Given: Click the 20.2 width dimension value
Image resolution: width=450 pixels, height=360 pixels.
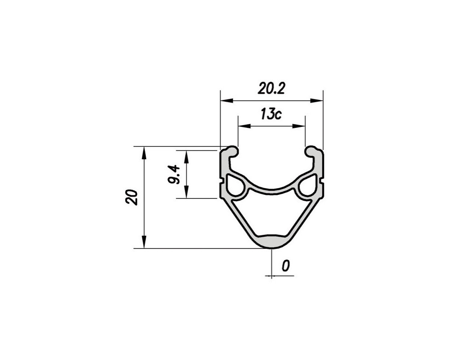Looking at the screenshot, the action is coord(271,89).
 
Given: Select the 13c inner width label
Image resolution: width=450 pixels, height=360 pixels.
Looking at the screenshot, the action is coord(271,114).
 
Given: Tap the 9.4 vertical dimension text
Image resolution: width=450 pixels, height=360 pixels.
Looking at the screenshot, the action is coord(173,174).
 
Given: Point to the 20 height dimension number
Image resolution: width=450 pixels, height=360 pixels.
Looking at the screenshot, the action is coord(131,197).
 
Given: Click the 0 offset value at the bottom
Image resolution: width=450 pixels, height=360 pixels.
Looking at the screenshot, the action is coord(285,266).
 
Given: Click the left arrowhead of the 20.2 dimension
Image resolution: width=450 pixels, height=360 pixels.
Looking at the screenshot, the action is coord(226,100).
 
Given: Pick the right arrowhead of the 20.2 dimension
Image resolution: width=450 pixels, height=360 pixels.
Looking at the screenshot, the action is coord(316,100).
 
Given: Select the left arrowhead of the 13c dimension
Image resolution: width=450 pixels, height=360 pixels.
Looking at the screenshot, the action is coord(244,126).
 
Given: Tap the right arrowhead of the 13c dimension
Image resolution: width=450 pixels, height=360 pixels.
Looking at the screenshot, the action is coord(298,126).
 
